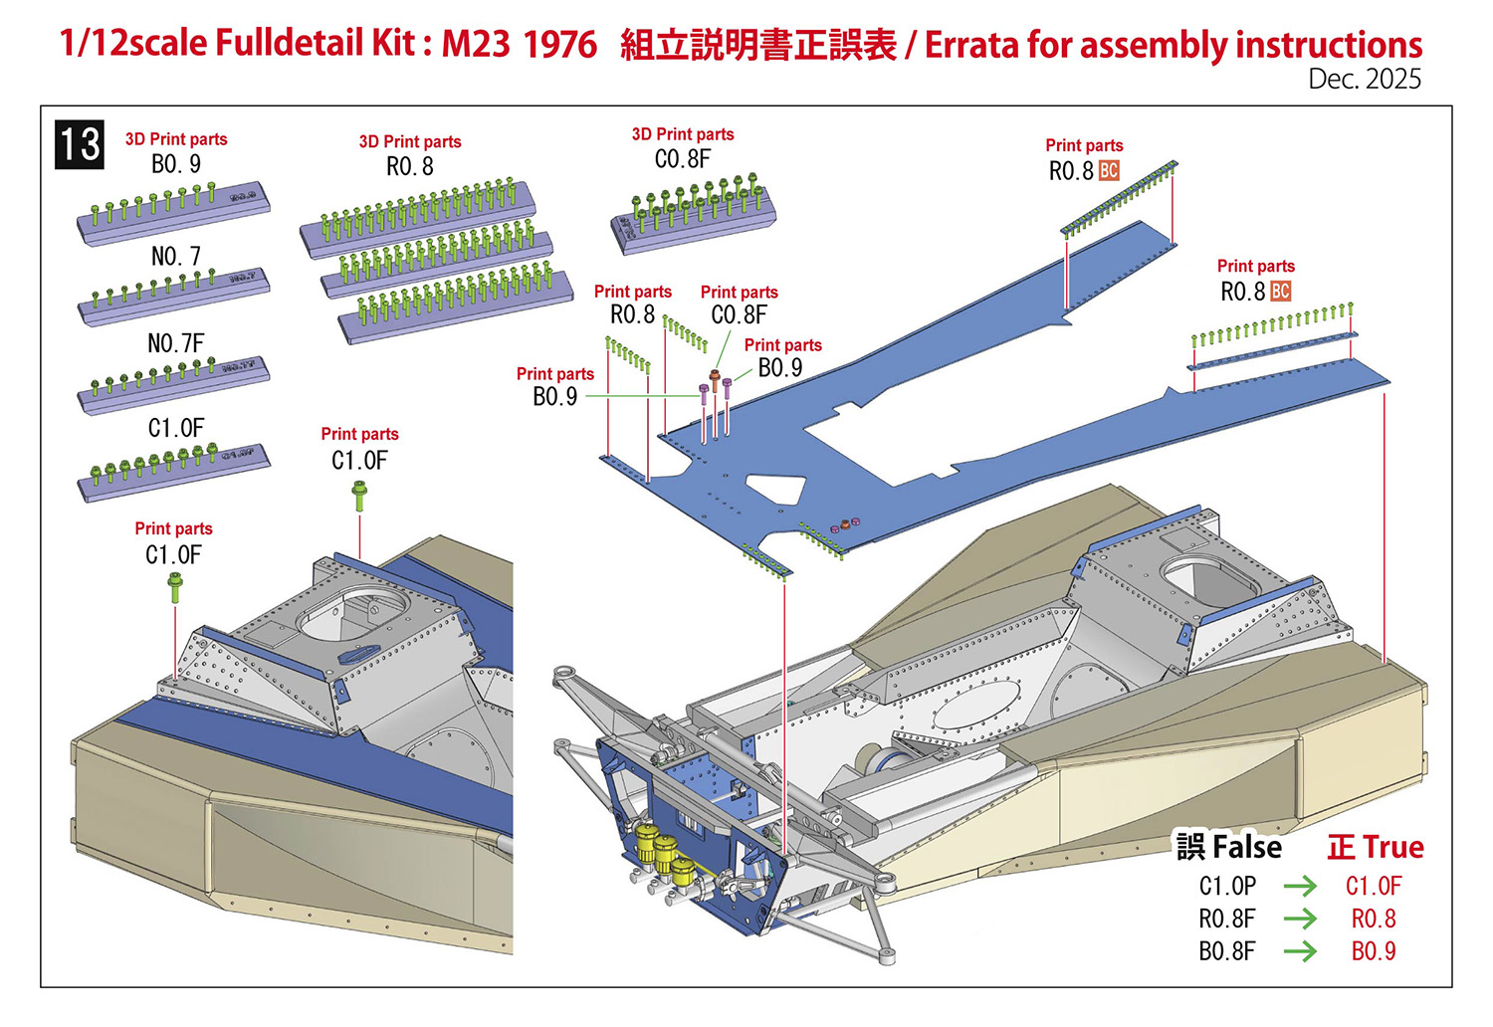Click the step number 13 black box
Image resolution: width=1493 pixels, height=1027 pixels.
click(x=80, y=144)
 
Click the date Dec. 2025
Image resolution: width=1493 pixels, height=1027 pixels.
click(x=1364, y=80)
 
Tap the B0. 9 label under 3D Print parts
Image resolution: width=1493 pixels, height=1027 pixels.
click(x=176, y=164)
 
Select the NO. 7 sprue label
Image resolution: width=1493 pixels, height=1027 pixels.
click(x=176, y=257)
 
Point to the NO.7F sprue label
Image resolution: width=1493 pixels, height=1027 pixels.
click(x=176, y=343)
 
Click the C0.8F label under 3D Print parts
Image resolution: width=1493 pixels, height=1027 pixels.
click(x=683, y=159)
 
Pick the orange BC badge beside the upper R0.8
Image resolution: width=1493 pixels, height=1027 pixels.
click(x=1109, y=171)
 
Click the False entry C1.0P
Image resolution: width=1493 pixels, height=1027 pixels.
click(x=1227, y=886)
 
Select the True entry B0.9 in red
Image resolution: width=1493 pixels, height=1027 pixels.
click(x=1374, y=951)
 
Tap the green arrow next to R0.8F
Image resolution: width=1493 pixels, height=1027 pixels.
click(x=1300, y=919)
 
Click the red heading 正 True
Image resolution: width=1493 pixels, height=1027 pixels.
click(x=1376, y=847)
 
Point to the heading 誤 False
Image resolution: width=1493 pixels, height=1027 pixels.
click(x=1229, y=847)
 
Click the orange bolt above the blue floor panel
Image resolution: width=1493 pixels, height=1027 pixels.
click(x=714, y=376)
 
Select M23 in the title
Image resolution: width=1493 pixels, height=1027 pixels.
click(x=476, y=44)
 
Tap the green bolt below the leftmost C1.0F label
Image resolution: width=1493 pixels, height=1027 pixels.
click(x=175, y=587)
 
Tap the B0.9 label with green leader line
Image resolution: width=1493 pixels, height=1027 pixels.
click(x=554, y=396)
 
